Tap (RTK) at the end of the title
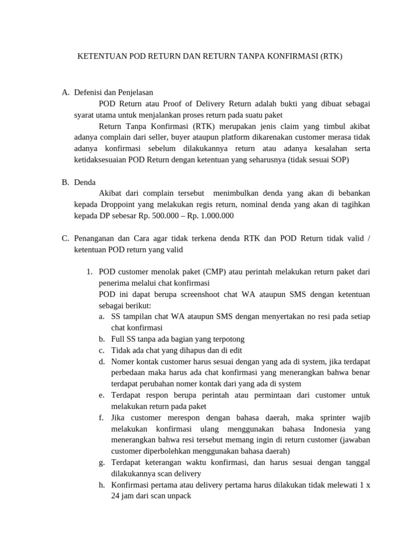point(331,56)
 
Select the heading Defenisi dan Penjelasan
point(114,92)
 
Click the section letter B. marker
point(65,182)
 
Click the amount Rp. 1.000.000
point(211,216)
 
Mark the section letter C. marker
point(65,238)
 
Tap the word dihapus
point(185,351)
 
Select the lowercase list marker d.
point(102,361)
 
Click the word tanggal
point(357,463)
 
